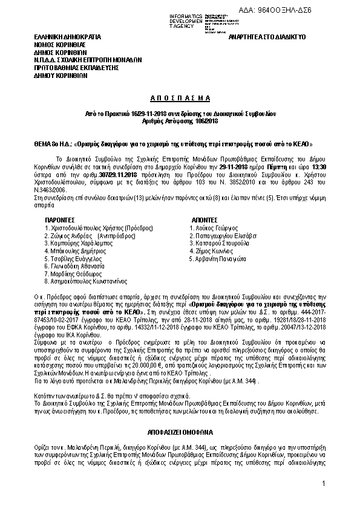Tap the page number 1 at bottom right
(324, 483)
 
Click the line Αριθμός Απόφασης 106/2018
(179, 121)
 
